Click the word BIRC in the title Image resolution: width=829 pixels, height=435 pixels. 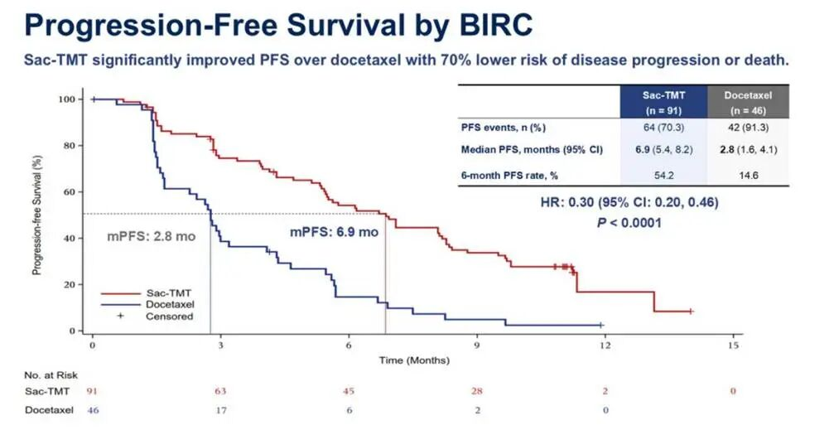pos(488,25)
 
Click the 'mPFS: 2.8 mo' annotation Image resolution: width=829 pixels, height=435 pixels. pos(152,236)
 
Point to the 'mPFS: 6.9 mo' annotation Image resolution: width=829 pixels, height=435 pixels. pos(334,232)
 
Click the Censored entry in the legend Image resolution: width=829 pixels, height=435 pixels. pos(169,316)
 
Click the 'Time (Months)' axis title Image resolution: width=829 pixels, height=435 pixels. pos(414,360)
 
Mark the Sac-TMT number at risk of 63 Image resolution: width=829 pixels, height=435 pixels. pos(219,390)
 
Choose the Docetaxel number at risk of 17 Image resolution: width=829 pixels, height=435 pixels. pos(219,409)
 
